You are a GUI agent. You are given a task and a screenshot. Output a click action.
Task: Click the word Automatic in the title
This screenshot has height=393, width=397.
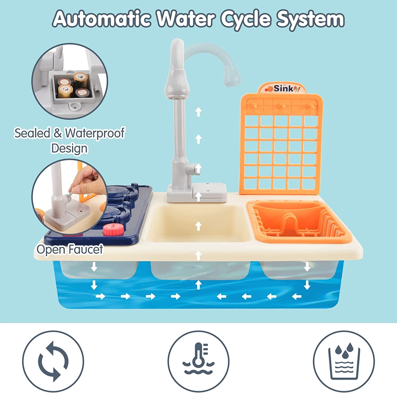pyautogui.click(x=102, y=19)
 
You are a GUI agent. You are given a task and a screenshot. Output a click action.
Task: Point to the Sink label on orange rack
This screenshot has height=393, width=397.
pyautogui.click(x=282, y=88)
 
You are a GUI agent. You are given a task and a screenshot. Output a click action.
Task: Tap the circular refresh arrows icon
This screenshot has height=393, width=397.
pyautogui.click(x=53, y=361)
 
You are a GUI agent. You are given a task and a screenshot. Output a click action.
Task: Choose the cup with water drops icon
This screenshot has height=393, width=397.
pyautogui.click(x=344, y=361)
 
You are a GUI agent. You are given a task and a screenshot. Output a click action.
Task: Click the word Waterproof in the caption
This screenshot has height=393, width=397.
pyautogui.click(x=95, y=133)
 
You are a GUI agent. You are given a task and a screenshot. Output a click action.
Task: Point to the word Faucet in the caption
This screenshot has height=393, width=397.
pyautogui.click(x=86, y=249)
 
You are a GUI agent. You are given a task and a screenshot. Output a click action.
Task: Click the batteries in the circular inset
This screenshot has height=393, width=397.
pyautogui.click(x=72, y=85)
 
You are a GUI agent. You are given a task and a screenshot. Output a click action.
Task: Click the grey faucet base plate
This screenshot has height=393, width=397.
pyautogui.click(x=197, y=193)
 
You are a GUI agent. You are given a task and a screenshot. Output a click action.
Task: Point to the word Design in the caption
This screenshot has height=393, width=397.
pyautogui.click(x=69, y=148)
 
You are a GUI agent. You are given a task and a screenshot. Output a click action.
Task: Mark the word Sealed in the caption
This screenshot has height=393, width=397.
pyautogui.click(x=32, y=133)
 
